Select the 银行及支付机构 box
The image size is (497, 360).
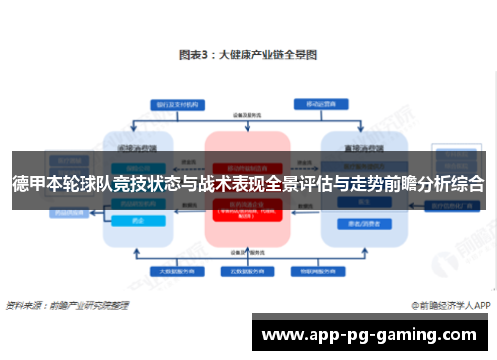(171, 103)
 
